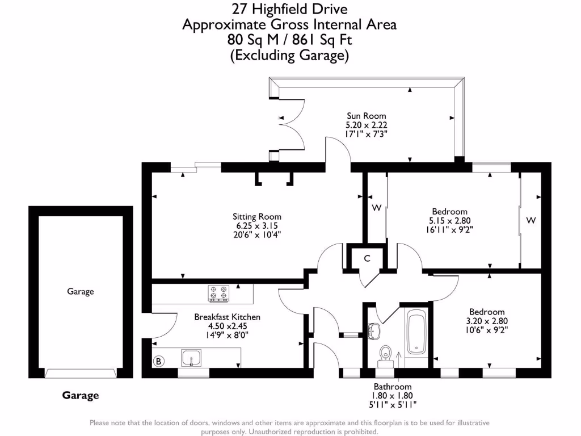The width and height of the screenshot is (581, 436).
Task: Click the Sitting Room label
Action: coord(256,216)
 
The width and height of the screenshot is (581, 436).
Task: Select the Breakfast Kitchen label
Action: coord(227,317)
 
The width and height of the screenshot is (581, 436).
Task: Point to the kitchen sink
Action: coord(190,358)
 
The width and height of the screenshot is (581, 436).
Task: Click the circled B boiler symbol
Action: coord(159,360)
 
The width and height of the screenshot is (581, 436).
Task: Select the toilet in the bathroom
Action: coord(386,352)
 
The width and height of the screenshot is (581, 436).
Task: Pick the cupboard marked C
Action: coord(367,258)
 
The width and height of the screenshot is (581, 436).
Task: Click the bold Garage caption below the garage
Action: coord(80,396)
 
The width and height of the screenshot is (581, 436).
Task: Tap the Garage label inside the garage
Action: coord(80,291)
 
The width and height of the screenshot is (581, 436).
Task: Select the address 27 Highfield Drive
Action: coord(289,9)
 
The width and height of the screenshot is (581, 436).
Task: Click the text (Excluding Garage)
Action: coord(289,55)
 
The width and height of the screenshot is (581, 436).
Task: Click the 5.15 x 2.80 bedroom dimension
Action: coord(449,221)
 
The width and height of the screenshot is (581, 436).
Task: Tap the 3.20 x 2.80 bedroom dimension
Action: coord(486,321)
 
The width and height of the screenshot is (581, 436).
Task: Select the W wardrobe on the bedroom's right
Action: coord(531,219)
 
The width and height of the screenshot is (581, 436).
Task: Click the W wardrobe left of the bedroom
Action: coord(376,208)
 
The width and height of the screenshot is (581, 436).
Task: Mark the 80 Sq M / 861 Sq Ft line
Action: coord(289,40)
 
